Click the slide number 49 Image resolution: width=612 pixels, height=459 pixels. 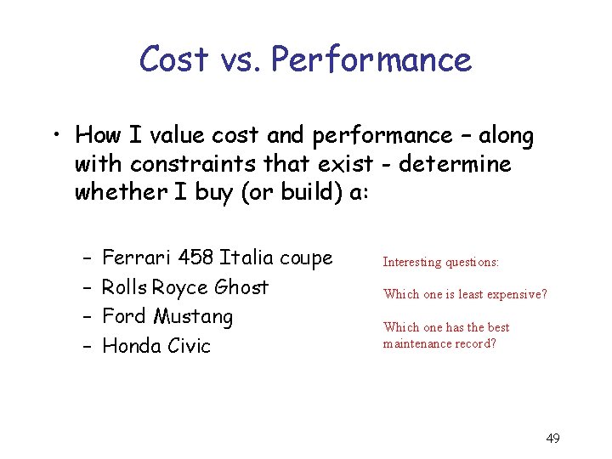click(552, 439)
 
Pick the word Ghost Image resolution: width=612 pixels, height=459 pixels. click(241, 287)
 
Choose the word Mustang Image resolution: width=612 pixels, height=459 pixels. click(193, 317)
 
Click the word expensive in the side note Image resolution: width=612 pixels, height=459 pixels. click(514, 294)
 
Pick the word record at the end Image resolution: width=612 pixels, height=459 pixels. click(477, 343)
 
